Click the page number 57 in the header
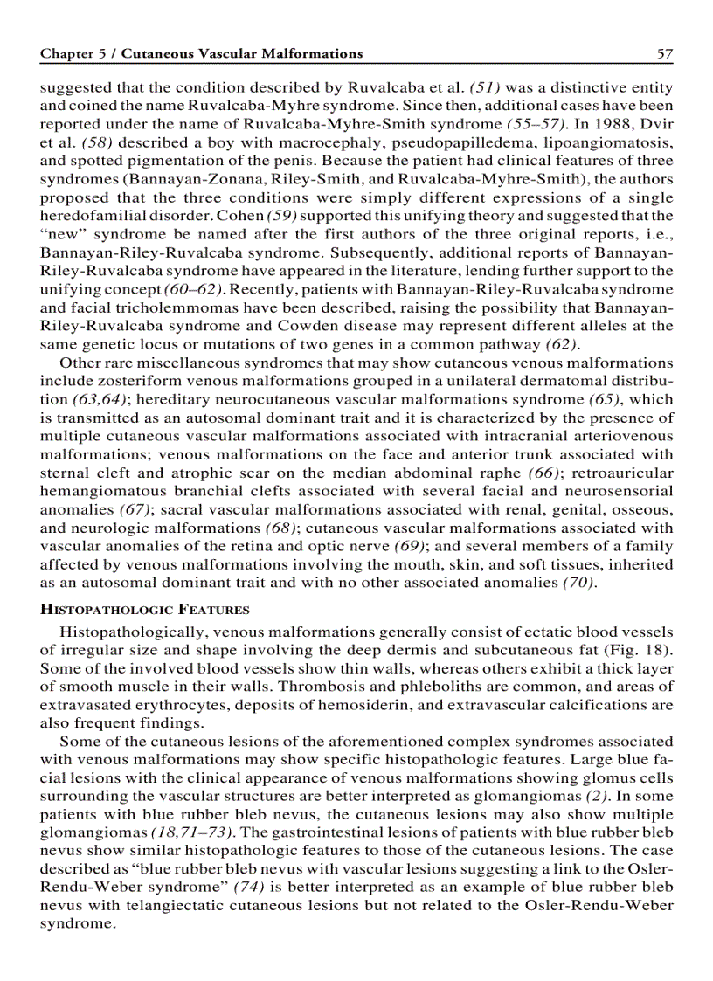665,54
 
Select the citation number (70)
578,582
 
